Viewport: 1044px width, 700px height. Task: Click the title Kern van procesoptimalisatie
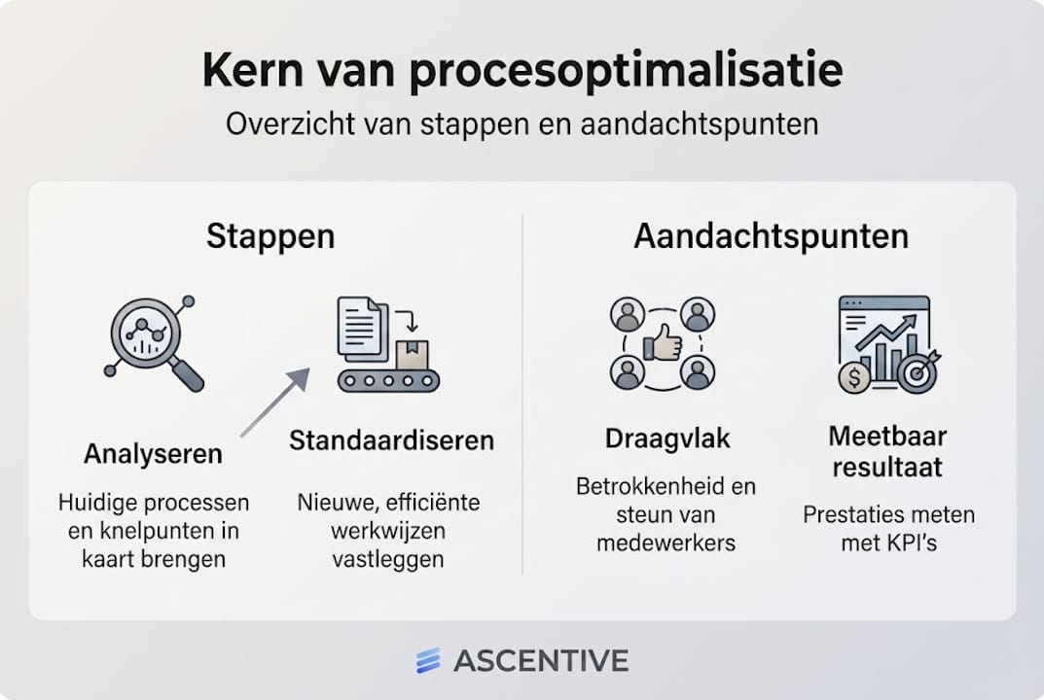point(522,72)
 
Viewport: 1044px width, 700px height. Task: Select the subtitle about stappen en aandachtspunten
point(522,125)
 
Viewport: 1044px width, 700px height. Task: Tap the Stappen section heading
point(270,236)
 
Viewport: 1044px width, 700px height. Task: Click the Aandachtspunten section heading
point(771,236)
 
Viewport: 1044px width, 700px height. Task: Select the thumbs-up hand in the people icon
point(664,343)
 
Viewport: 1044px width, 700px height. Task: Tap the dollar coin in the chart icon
point(853,376)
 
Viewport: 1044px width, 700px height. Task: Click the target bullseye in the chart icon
point(917,372)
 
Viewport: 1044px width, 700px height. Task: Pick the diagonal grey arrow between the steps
point(275,402)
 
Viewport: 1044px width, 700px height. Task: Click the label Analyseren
point(153,454)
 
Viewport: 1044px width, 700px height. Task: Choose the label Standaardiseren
point(391,440)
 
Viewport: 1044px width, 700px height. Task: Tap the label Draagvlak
point(666,438)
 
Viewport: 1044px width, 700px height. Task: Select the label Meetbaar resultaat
point(886,451)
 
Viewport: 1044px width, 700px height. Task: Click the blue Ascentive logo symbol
point(428,661)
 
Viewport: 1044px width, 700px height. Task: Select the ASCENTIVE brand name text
point(541,661)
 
